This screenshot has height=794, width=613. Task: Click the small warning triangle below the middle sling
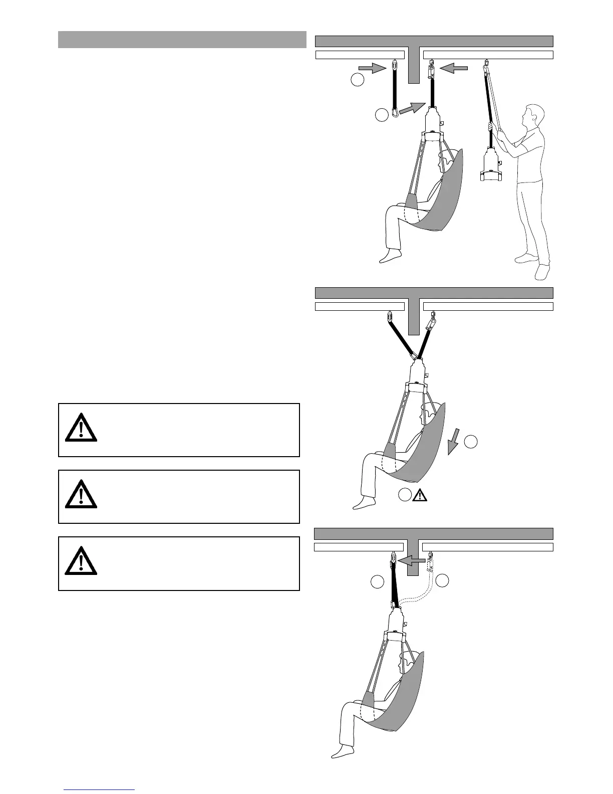click(x=419, y=495)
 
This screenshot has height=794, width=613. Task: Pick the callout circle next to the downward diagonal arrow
click(x=471, y=442)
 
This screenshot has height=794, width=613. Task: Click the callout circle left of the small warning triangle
click(x=405, y=495)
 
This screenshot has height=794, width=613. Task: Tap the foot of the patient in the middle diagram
click(x=364, y=502)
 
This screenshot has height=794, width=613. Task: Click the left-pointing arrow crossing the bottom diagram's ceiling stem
click(x=412, y=559)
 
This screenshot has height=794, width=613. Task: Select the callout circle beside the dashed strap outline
click(x=442, y=581)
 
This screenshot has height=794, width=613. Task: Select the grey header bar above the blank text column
click(x=182, y=40)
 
